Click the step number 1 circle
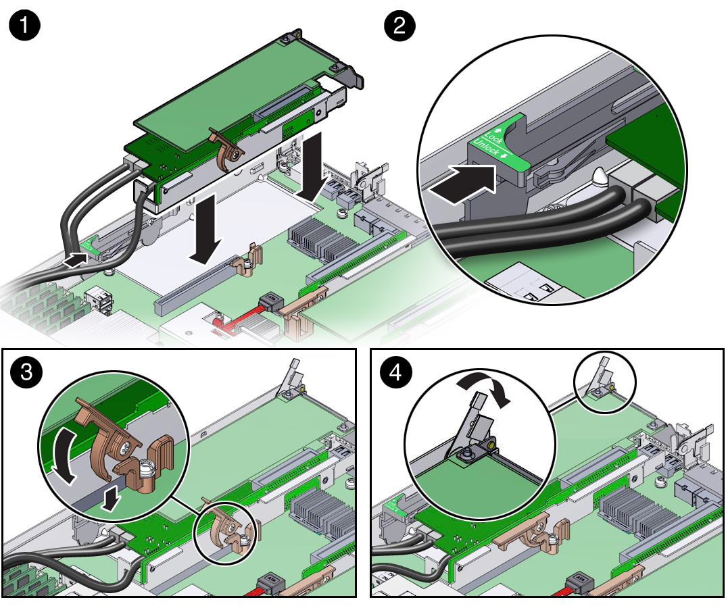(24, 28)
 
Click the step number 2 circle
(399, 27)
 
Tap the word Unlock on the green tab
(486, 148)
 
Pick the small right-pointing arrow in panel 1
(76, 258)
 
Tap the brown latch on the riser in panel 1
(227, 148)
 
